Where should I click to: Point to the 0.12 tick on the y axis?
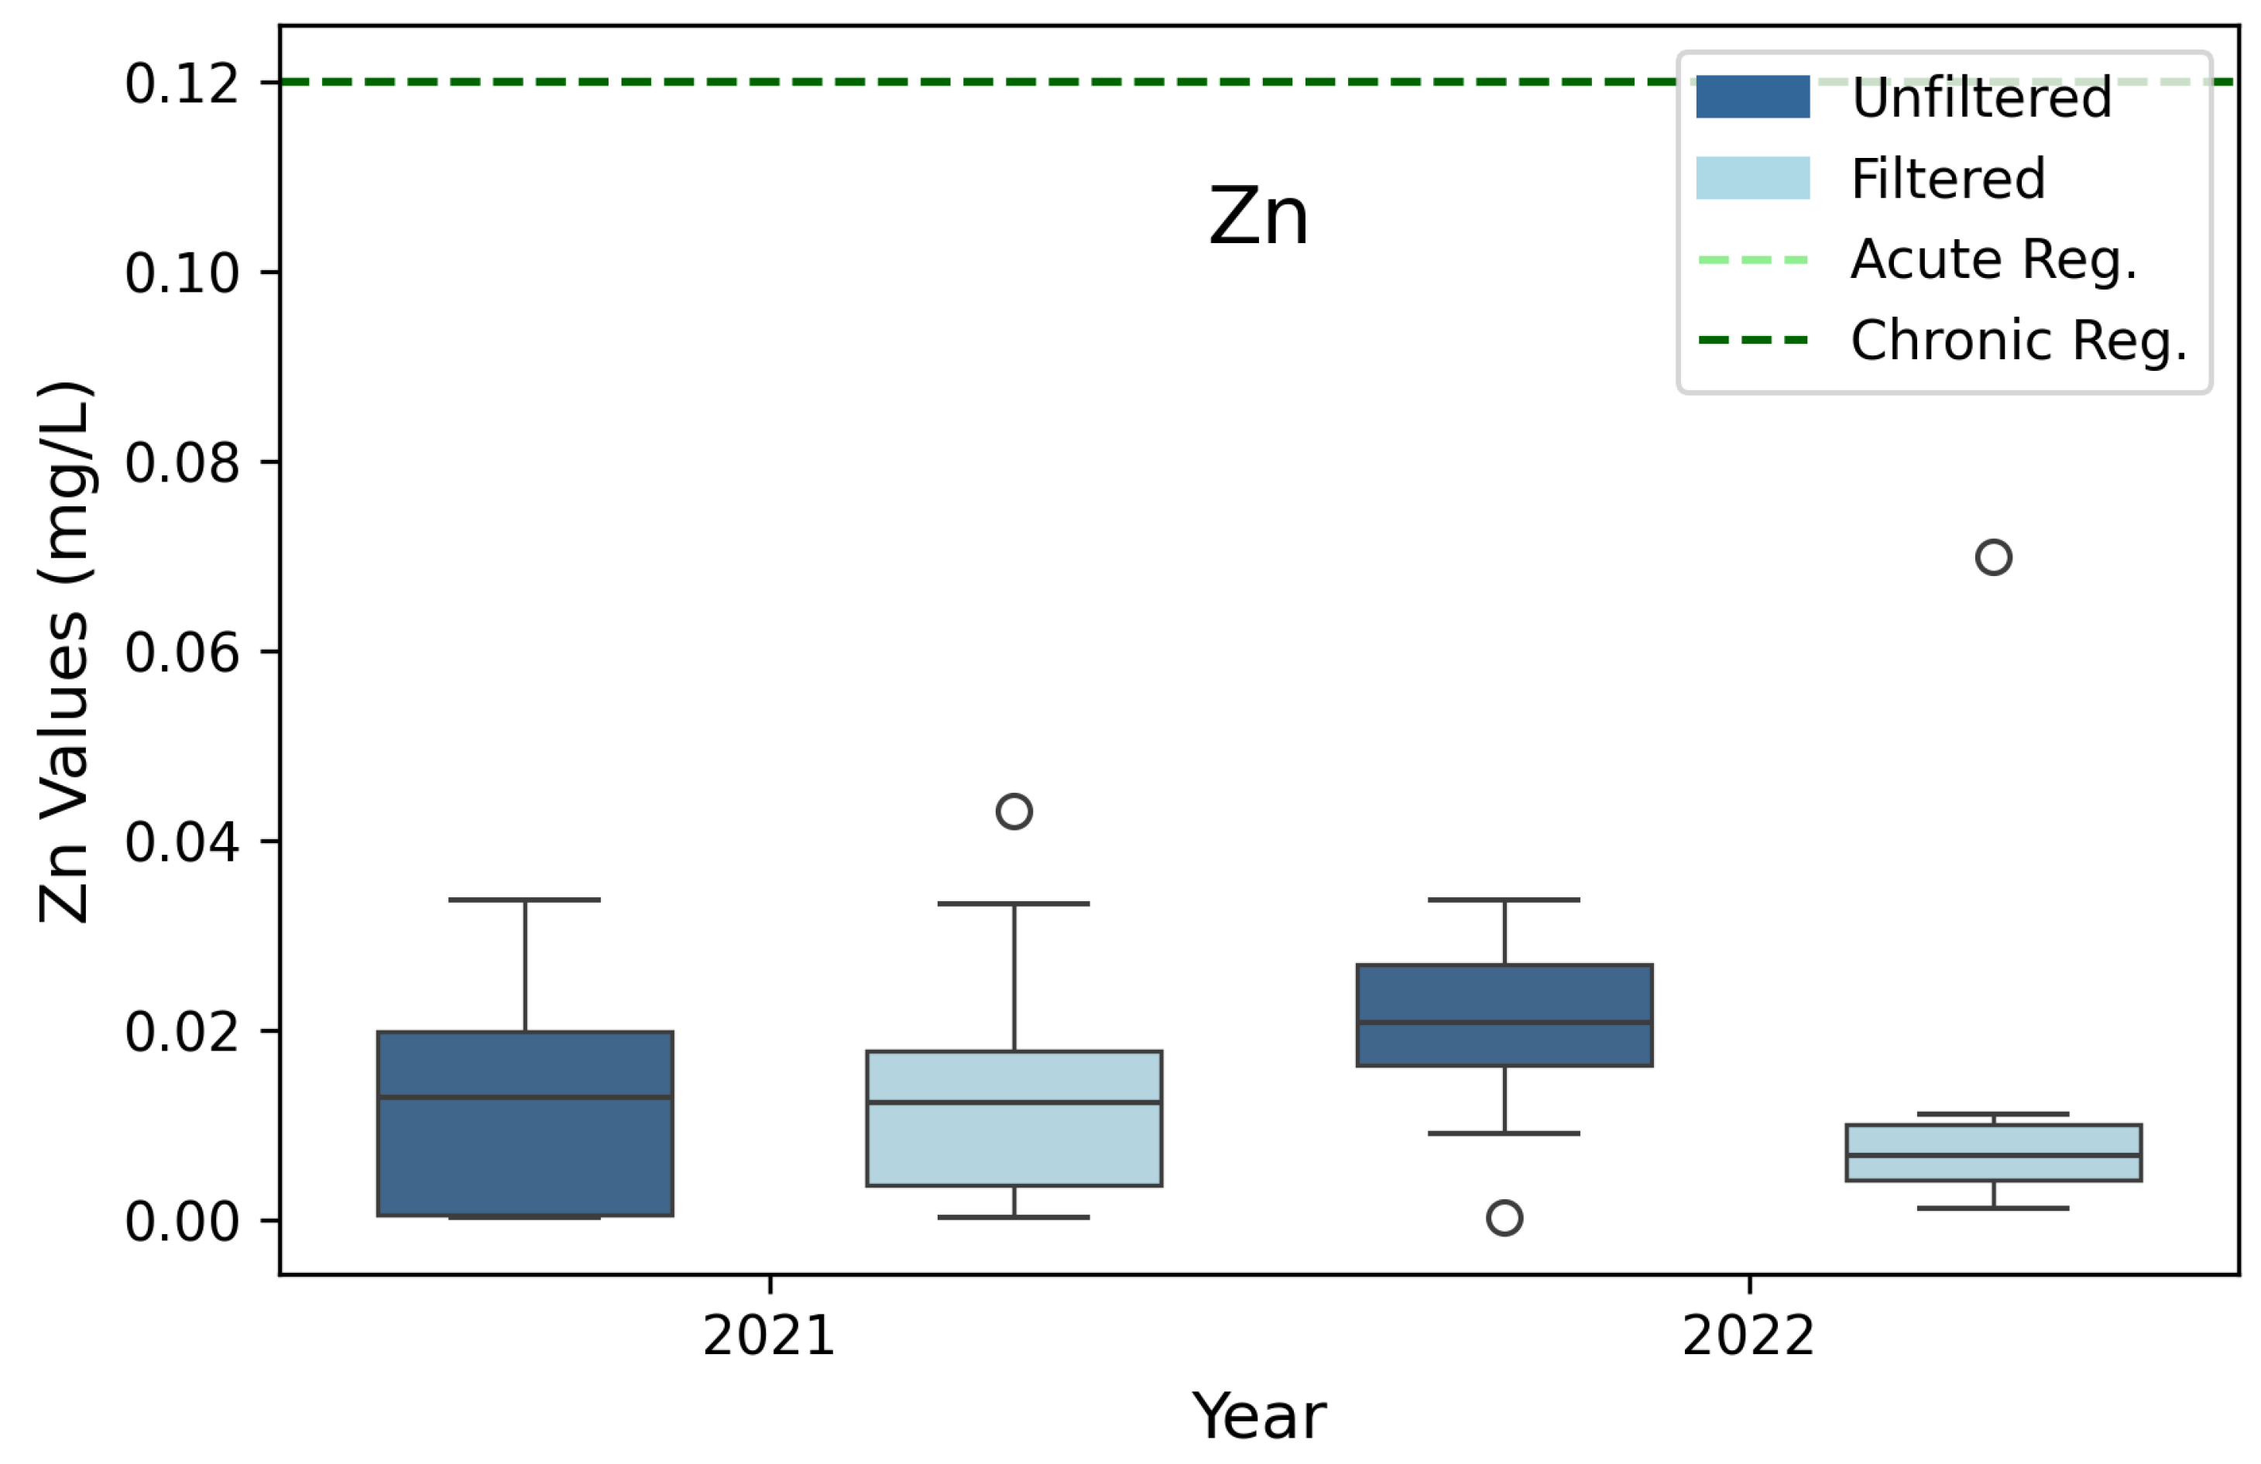point(181,84)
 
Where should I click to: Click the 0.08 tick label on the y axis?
point(181,463)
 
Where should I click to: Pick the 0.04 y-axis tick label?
point(181,842)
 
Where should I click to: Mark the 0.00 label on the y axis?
point(181,1221)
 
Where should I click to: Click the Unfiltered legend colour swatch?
point(1753,97)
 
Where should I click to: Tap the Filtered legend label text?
point(1947,179)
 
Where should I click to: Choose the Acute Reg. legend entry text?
point(1993,259)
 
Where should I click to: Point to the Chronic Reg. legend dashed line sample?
point(1753,340)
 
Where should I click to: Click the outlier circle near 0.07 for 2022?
point(1993,557)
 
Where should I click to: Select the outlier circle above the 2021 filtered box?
point(1014,811)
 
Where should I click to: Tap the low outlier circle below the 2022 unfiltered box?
point(1504,1217)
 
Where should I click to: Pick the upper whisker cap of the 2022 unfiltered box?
point(1504,899)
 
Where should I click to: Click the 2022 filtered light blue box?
point(1993,1140)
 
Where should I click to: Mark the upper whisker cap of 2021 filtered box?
point(1014,903)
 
